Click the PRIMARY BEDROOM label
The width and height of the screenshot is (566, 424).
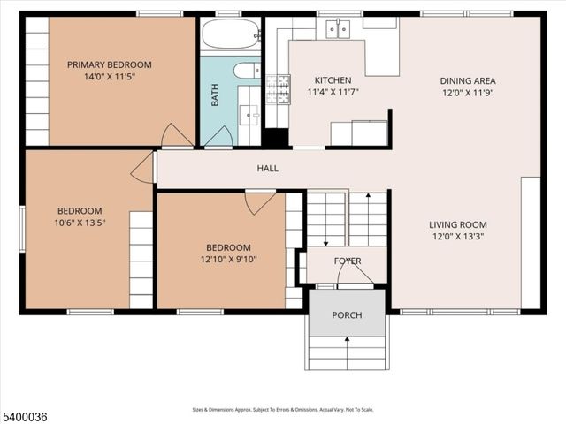click(x=110, y=64)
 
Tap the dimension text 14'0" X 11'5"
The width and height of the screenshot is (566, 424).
click(x=110, y=77)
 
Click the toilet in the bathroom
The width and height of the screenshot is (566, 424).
click(x=245, y=71)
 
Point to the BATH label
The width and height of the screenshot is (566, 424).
click(x=215, y=95)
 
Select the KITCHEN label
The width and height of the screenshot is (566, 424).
click(x=333, y=79)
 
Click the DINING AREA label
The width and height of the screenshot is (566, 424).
click(x=468, y=80)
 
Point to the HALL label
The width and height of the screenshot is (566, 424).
click(x=267, y=168)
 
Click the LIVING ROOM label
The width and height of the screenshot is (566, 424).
click(x=458, y=224)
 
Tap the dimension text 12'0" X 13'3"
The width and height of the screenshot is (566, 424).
click(x=458, y=237)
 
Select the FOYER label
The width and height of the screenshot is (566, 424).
click(x=347, y=261)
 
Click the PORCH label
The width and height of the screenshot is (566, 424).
click(x=347, y=315)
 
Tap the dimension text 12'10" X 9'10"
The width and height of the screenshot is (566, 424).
click(x=228, y=260)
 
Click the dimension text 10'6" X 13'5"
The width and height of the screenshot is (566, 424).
click(x=80, y=223)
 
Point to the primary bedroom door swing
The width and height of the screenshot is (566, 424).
click(x=176, y=137)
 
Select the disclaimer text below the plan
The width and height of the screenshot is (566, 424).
click(x=283, y=410)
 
